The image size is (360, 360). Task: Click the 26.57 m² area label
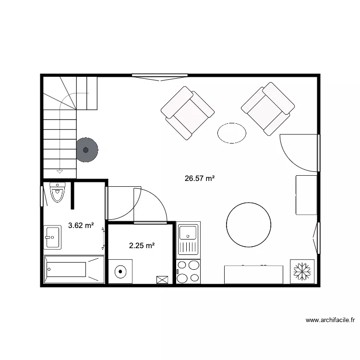[199, 179]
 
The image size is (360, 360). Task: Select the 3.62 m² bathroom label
[81, 225]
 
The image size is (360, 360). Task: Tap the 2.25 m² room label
[142, 246]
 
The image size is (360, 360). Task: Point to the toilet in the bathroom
[58, 192]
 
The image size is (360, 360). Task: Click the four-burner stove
[188, 272]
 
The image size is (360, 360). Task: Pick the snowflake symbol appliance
[302, 271]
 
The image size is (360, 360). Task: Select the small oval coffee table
[232, 133]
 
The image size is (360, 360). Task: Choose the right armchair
[268, 109]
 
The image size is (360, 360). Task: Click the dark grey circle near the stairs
[86, 150]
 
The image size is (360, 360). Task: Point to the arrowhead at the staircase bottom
[60, 170]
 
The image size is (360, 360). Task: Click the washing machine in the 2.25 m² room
[120, 271]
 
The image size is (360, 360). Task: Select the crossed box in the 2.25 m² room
[162, 279]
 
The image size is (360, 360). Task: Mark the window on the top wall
[160, 76]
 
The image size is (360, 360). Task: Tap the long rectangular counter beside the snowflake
[253, 274]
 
